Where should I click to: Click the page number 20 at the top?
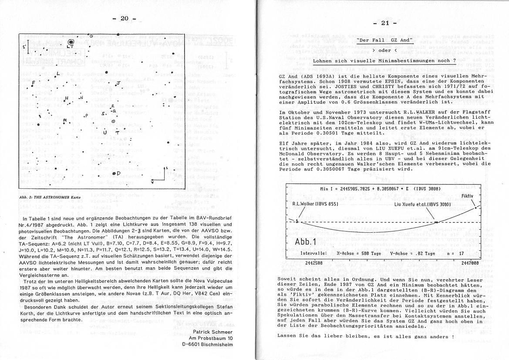tap(124, 18)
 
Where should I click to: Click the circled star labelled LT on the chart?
tap(71, 43)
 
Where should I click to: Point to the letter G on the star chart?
tap(91, 36)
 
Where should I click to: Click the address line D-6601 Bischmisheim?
tap(207, 343)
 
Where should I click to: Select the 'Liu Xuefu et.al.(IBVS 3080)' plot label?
tap(422, 204)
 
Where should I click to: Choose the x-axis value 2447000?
tap(468, 263)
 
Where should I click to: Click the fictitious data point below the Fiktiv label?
tap(475, 207)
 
